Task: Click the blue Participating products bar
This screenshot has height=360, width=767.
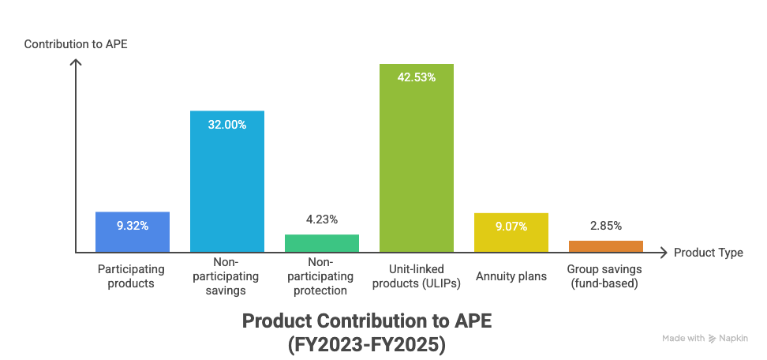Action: [x=132, y=232]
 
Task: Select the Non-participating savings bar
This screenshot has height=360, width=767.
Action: [x=227, y=182]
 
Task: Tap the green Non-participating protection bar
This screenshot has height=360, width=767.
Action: [x=321, y=243]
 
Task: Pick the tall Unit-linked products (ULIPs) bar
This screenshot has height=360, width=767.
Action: [x=416, y=158]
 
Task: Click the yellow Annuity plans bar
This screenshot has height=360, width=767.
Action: [x=511, y=232]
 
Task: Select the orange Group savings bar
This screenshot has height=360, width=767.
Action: [x=605, y=246]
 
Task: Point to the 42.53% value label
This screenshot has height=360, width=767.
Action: [x=416, y=77]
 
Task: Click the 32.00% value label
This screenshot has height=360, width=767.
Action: [x=227, y=125]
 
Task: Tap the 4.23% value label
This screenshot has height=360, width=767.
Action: [x=321, y=220]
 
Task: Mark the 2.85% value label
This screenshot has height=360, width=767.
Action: [x=605, y=227]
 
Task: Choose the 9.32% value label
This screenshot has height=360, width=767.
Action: [x=132, y=226]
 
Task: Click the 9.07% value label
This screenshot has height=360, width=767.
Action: [x=511, y=227]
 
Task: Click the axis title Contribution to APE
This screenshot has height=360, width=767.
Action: [x=76, y=44]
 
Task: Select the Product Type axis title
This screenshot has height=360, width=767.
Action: [x=708, y=253]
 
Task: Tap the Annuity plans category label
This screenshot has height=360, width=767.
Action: [x=511, y=277]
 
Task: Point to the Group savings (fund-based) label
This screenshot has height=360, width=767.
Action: [x=605, y=276]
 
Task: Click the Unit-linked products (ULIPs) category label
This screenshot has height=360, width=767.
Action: [x=416, y=276]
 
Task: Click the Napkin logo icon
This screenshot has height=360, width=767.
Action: [x=713, y=339]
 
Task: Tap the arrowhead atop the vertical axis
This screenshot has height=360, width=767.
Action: [x=76, y=62]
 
